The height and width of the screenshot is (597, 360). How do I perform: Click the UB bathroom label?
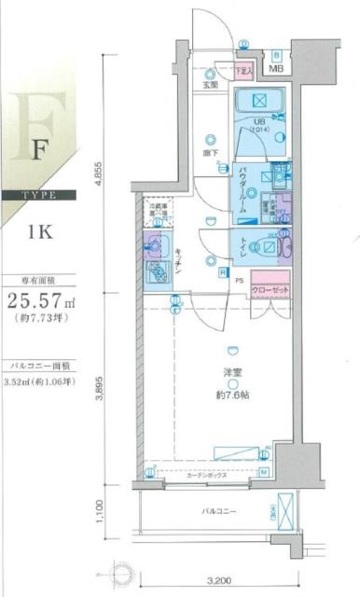click(x=262, y=121)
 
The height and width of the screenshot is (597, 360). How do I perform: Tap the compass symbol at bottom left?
click(x=122, y=570)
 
